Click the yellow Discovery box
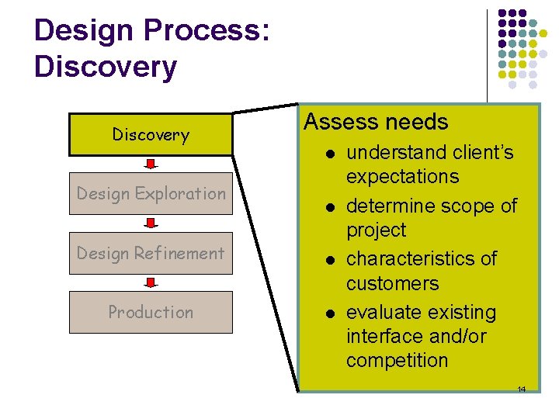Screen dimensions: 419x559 click(151, 134)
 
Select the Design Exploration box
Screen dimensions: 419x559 click(151, 193)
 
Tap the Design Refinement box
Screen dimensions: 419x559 click(151, 253)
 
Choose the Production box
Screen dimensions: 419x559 click(151, 312)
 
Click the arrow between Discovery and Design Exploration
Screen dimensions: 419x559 click(151, 164)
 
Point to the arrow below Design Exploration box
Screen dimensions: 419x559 click(151, 223)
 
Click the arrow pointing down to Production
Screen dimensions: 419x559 click(151, 282)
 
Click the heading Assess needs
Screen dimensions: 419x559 click(376, 123)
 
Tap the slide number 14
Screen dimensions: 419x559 click(522, 389)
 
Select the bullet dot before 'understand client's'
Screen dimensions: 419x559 click(330, 154)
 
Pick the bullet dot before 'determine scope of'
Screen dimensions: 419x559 click(330, 206)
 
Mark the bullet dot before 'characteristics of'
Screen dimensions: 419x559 click(330, 259)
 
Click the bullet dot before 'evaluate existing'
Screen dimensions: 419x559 click(330, 313)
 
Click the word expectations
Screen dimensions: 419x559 click(403, 177)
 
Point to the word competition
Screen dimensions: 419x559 click(397, 361)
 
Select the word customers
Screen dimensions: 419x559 click(392, 283)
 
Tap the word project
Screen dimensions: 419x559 click(376, 230)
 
